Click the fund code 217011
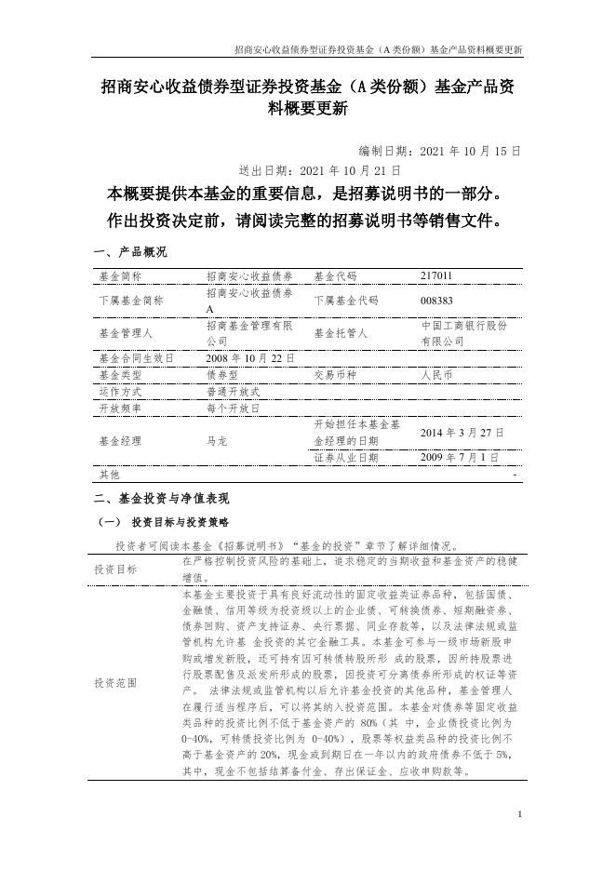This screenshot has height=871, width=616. tap(436, 276)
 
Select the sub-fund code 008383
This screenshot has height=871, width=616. tap(436, 301)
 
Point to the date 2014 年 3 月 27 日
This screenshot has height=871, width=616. tap(462, 433)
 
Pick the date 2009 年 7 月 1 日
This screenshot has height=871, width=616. tap(459, 458)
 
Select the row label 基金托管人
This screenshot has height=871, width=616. tap(341, 333)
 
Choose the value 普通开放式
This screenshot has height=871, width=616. tap(234, 392)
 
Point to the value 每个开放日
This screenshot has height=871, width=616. tap(234, 409)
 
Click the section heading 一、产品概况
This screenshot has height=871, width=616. tap(130, 252)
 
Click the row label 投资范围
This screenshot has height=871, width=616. tap(115, 683)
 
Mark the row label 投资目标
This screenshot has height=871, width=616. tap(115, 569)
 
